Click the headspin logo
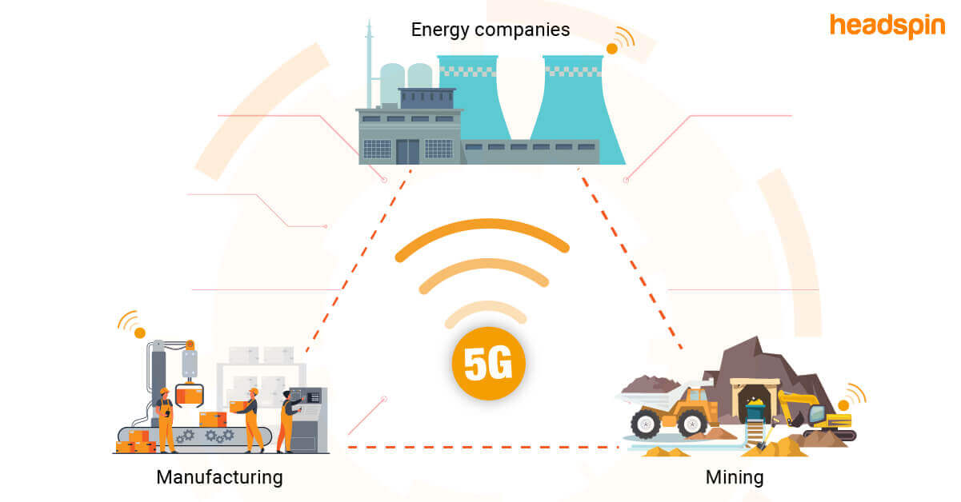[x=886, y=26]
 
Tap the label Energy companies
[x=490, y=30]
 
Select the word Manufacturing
[x=219, y=477]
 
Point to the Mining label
[x=734, y=477]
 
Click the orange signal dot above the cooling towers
[x=612, y=49]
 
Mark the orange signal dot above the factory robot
[x=139, y=333]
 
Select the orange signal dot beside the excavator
[x=843, y=405]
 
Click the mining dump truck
[x=671, y=408]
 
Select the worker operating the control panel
[x=287, y=420]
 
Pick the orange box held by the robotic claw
[x=189, y=394]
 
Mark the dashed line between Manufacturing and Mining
[x=480, y=447]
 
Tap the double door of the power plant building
[x=407, y=151]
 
